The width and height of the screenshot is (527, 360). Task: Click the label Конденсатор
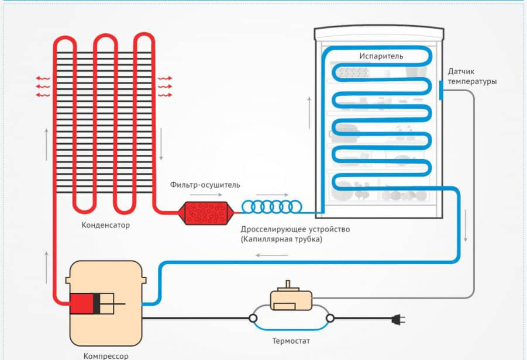click(x=106, y=225)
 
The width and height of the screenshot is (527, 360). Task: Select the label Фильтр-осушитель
click(x=205, y=185)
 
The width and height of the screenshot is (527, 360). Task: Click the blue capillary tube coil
click(x=271, y=206)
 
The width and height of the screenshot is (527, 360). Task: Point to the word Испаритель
click(x=381, y=56)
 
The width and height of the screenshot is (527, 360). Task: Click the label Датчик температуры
click(x=472, y=76)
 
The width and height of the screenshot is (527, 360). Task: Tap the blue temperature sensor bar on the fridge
click(x=440, y=91)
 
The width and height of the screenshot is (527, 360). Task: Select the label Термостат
click(x=291, y=341)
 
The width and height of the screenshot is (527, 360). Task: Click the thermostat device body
click(x=291, y=300)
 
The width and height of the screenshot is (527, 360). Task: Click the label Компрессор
click(x=105, y=355)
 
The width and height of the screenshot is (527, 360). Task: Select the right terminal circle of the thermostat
click(x=330, y=319)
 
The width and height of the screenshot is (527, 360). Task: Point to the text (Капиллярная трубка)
click(x=281, y=240)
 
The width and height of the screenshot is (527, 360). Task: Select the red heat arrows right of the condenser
click(x=164, y=86)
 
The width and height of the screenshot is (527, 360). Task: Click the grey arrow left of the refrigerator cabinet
click(x=308, y=112)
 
